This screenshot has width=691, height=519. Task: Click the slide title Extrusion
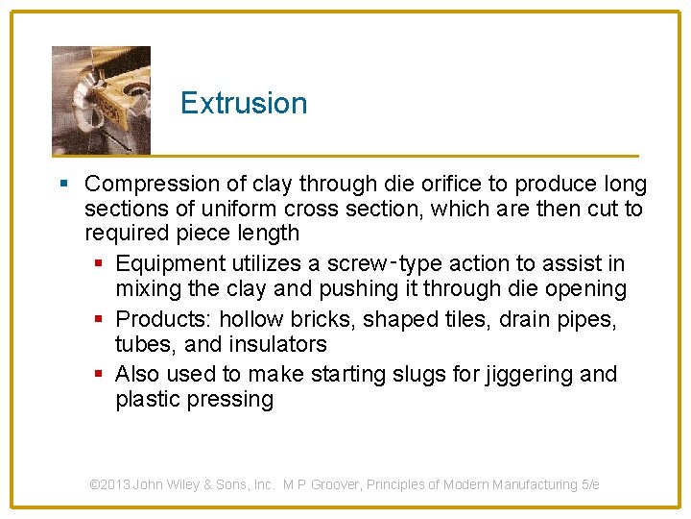click(244, 103)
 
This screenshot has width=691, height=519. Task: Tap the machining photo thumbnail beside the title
click(101, 100)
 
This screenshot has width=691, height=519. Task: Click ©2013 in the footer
click(109, 484)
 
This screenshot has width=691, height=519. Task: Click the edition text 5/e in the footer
click(590, 484)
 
